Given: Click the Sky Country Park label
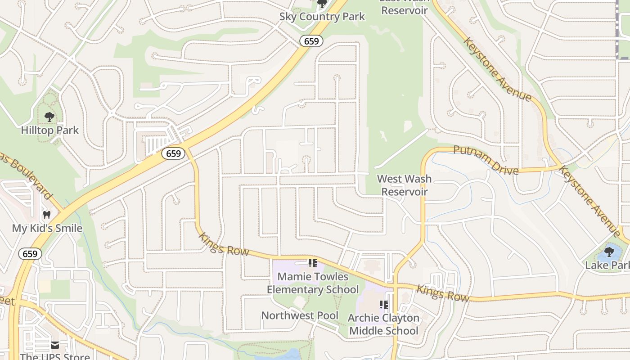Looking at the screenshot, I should [322, 17].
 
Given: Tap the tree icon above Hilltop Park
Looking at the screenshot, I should [49, 117].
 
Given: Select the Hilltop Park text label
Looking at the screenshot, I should [49, 130].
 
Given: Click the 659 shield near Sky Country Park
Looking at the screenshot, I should [311, 41].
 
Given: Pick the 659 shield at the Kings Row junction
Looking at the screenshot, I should [173, 153].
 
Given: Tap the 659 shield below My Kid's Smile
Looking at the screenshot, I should [30, 254].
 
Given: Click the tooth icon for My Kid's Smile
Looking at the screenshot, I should [46, 215].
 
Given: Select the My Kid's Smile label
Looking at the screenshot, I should [47, 228].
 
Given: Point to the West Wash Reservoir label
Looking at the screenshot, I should [404, 185].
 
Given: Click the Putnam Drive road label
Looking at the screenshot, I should [486, 160].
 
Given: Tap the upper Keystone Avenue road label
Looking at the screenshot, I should [497, 69].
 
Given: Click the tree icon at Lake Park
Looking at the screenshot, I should [609, 252].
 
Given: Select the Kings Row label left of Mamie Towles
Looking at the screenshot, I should [224, 244].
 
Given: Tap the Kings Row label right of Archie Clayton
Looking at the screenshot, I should [443, 293].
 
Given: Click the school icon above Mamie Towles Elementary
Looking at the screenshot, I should [312, 263].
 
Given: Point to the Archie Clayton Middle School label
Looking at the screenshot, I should [384, 324].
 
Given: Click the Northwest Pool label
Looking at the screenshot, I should [300, 315].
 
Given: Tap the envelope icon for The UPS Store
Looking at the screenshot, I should [55, 345].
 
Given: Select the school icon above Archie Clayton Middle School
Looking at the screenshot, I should [383, 305].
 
